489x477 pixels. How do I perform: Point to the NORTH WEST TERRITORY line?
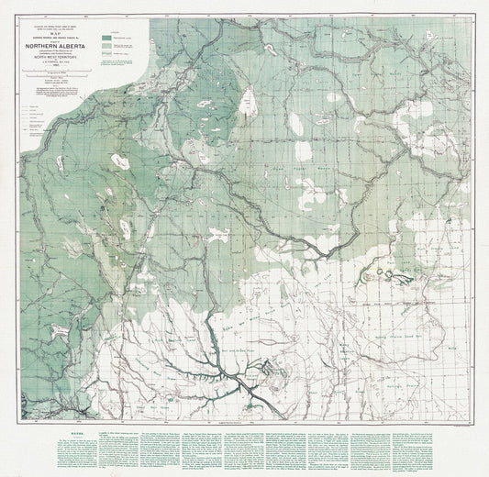(66, 58)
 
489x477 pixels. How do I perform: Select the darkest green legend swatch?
(106, 35)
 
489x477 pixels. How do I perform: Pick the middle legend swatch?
(106, 43)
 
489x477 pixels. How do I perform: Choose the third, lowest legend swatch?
(106, 52)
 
